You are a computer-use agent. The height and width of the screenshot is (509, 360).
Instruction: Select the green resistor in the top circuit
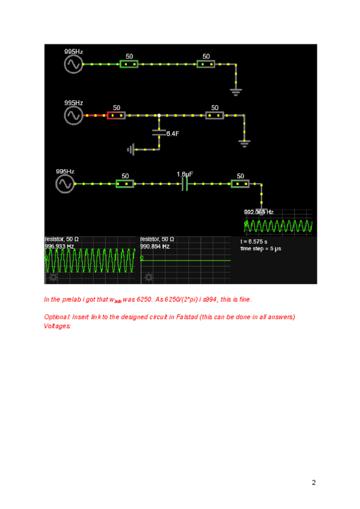(128, 64)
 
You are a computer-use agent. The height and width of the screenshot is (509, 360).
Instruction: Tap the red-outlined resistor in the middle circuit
(116, 115)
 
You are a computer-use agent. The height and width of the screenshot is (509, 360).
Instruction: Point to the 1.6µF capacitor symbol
(185, 183)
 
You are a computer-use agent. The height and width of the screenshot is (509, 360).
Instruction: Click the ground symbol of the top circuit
(236, 91)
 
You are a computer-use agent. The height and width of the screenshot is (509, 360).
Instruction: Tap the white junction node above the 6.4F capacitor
(159, 115)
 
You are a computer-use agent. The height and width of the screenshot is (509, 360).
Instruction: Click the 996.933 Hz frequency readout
(59, 246)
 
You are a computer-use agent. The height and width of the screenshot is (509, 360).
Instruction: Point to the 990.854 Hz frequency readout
(155, 246)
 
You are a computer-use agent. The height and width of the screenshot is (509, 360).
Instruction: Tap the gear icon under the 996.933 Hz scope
(53, 277)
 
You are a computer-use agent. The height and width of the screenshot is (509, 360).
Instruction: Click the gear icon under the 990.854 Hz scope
(148, 277)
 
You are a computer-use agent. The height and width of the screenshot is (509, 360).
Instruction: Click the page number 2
(313, 482)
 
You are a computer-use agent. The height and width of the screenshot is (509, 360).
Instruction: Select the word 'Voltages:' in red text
(58, 326)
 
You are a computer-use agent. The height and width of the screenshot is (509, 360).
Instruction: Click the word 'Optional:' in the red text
(58, 317)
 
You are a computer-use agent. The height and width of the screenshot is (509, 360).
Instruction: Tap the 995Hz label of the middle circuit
(73, 103)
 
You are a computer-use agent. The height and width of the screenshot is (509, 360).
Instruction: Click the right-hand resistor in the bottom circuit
(240, 183)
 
